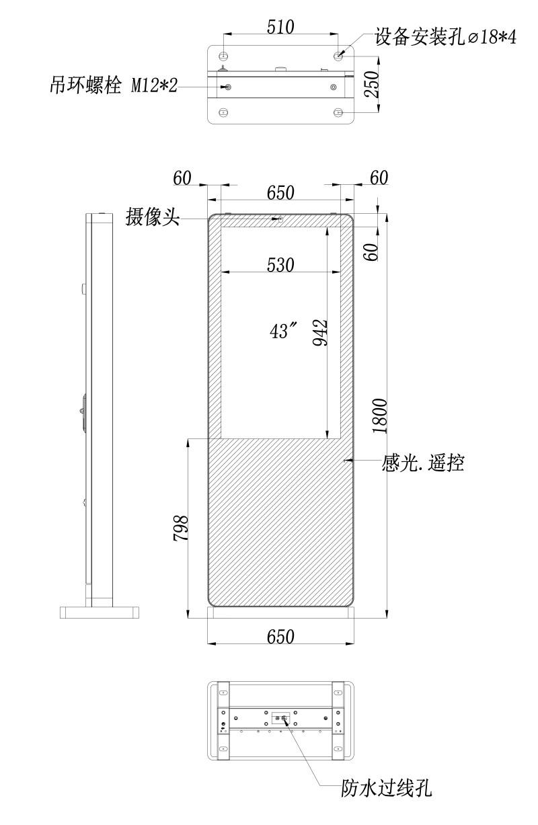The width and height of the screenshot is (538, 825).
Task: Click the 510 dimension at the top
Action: tap(280, 27)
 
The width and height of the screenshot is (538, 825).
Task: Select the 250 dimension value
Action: tap(371, 84)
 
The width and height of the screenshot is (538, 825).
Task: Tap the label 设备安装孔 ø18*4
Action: tap(445, 37)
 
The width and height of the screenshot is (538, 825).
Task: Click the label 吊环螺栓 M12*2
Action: tap(114, 85)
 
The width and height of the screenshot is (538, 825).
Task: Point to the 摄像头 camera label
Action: tap(153, 217)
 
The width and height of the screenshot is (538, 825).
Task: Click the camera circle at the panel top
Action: tap(280, 219)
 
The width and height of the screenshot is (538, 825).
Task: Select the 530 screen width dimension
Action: tap(280, 265)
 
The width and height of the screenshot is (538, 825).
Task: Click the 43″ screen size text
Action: tap(283, 330)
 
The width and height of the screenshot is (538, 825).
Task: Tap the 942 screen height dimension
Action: tap(320, 333)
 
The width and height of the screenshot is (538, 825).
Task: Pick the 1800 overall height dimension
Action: tap(379, 416)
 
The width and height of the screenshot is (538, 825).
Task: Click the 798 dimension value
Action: tap(180, 528)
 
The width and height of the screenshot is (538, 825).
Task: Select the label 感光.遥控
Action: tap(422, 463)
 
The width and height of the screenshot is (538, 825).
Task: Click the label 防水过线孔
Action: tap(386, 788)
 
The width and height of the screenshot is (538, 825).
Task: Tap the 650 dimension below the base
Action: tap(280, 637)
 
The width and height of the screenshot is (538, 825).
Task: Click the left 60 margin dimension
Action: tap(182, 178)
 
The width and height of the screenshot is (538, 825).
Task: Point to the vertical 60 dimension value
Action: tap(371, 252)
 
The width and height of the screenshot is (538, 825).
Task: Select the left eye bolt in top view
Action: tap(228, 87)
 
